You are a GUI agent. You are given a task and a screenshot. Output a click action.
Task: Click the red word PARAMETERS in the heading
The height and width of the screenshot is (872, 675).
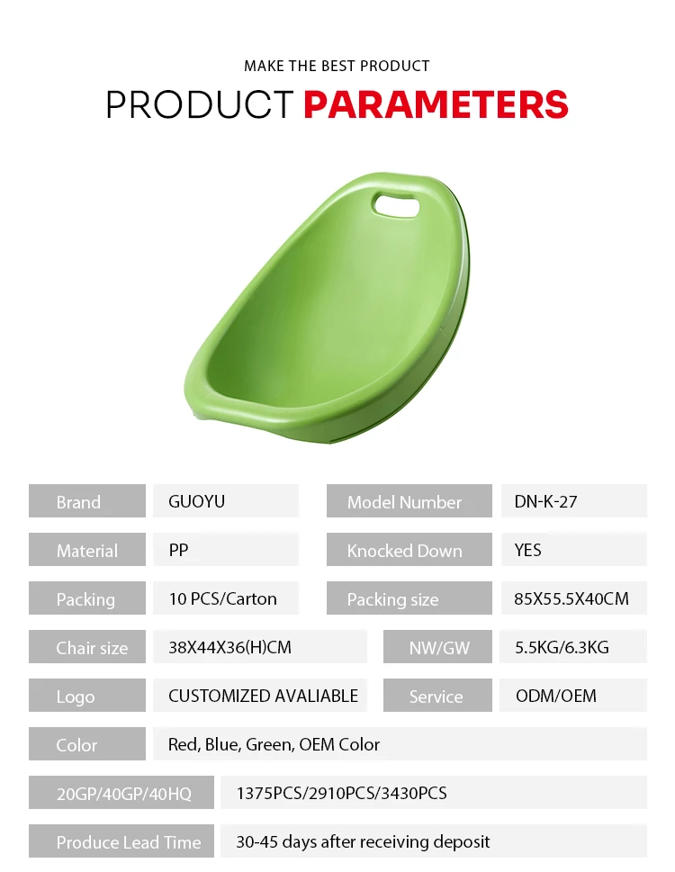(436, 104)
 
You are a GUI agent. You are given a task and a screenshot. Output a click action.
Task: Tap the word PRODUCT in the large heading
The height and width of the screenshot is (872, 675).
(200, 104)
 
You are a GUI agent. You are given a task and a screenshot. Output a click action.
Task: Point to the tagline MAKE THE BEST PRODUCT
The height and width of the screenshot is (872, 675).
(337, 67)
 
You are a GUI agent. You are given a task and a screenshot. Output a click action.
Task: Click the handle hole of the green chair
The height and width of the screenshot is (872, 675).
(396, 204)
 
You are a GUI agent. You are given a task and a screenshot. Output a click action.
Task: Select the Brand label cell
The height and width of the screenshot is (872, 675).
(87, 500)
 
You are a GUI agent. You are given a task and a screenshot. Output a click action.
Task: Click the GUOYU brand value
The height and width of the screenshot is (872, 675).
(197, 501)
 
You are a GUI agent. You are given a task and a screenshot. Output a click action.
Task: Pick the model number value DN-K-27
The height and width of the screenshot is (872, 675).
(545, 501)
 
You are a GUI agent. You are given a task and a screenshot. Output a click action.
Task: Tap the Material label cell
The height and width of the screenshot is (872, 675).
(87, 550)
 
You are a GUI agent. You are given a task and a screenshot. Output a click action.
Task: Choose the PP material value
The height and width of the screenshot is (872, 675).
(178, 550)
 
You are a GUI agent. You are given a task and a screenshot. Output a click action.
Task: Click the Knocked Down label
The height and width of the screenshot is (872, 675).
(404, 551)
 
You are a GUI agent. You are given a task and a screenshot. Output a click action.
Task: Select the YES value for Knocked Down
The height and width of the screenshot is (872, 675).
(527, 550)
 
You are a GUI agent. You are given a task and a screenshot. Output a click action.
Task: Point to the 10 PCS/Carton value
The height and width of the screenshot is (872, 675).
(222, 598)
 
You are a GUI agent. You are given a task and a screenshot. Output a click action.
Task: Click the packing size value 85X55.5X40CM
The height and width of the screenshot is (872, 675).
(571, 598)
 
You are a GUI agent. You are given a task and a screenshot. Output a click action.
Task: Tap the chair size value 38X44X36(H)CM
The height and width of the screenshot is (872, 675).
(229, 647)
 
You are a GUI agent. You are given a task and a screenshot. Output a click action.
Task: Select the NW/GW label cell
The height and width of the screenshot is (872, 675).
(437, 646)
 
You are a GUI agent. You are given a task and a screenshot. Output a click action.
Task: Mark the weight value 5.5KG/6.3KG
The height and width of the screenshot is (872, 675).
(562, 647)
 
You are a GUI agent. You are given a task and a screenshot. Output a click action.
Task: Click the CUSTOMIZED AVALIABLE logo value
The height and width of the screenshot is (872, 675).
(263, 696)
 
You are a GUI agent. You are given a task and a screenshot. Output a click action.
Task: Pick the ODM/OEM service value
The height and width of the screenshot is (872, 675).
(556, 696)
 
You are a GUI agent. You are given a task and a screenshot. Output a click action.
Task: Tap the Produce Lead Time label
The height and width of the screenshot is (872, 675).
(129, 842)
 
